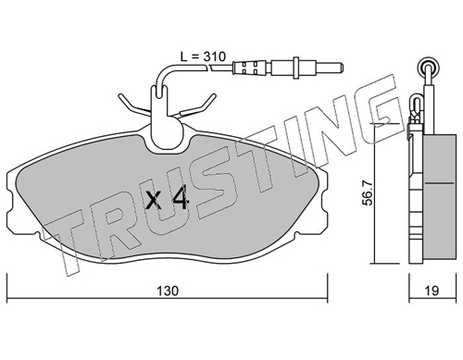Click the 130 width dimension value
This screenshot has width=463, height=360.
tap(168, 291)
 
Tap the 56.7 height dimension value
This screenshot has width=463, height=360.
tap(368, 193)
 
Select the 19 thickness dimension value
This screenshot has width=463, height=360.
tap(432, 291)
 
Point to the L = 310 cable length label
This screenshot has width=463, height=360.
tap(203, 56)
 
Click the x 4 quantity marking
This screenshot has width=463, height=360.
tap(167, 198)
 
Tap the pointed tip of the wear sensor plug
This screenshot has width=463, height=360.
tap(342, 68)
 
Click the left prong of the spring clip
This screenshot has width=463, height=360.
tap(133, 104)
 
